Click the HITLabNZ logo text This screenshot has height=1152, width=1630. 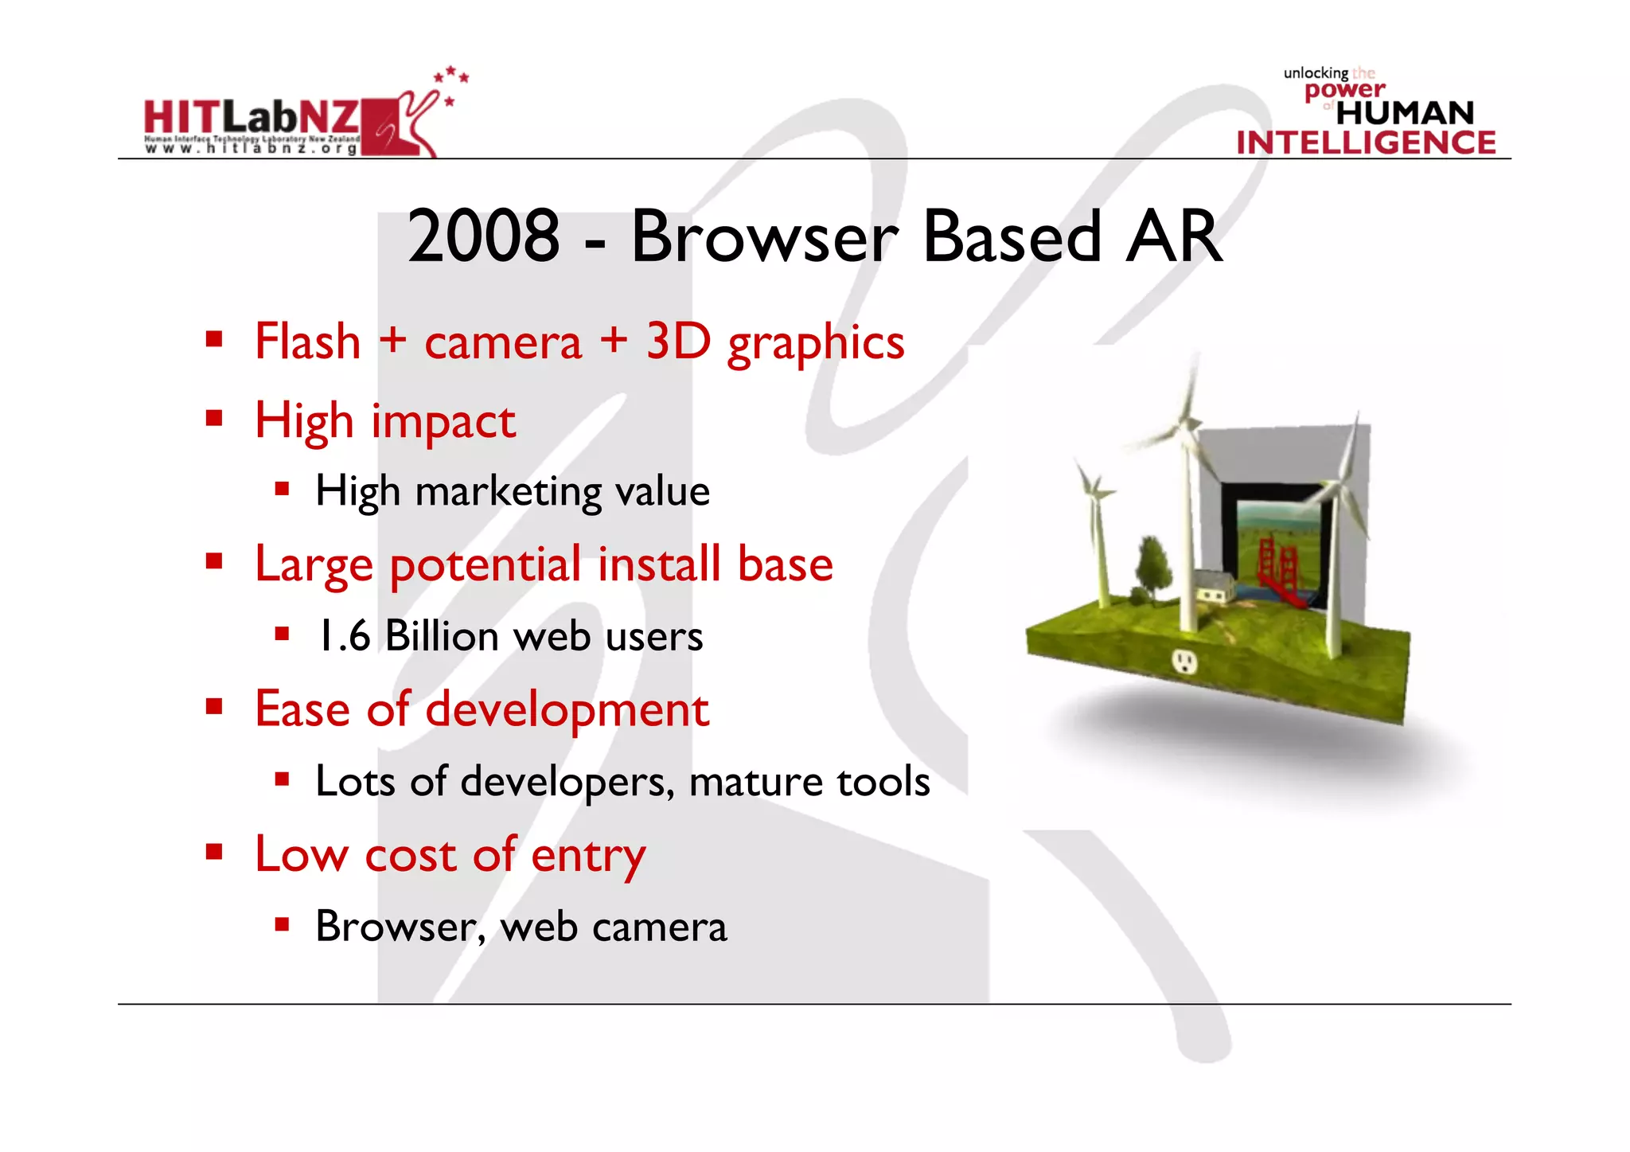251,118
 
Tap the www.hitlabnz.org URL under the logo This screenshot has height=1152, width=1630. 251,149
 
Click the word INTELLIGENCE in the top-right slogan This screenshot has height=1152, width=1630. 1366,143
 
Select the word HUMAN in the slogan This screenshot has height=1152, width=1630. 1405,113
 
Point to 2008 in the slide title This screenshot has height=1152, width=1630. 483,236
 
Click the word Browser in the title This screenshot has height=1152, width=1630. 764,236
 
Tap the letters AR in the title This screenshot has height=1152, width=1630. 1174,236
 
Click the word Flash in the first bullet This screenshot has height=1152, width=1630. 308,342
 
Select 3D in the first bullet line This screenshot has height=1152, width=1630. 677,342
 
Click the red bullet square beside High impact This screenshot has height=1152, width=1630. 213,418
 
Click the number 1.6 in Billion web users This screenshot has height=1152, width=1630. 344,636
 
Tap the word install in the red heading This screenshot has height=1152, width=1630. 659,564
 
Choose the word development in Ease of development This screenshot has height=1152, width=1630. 567,709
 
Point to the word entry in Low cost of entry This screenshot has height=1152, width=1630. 588,855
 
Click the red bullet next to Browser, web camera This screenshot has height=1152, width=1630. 282,924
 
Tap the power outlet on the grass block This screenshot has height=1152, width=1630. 1184,660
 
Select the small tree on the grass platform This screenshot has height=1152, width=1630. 1151,567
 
